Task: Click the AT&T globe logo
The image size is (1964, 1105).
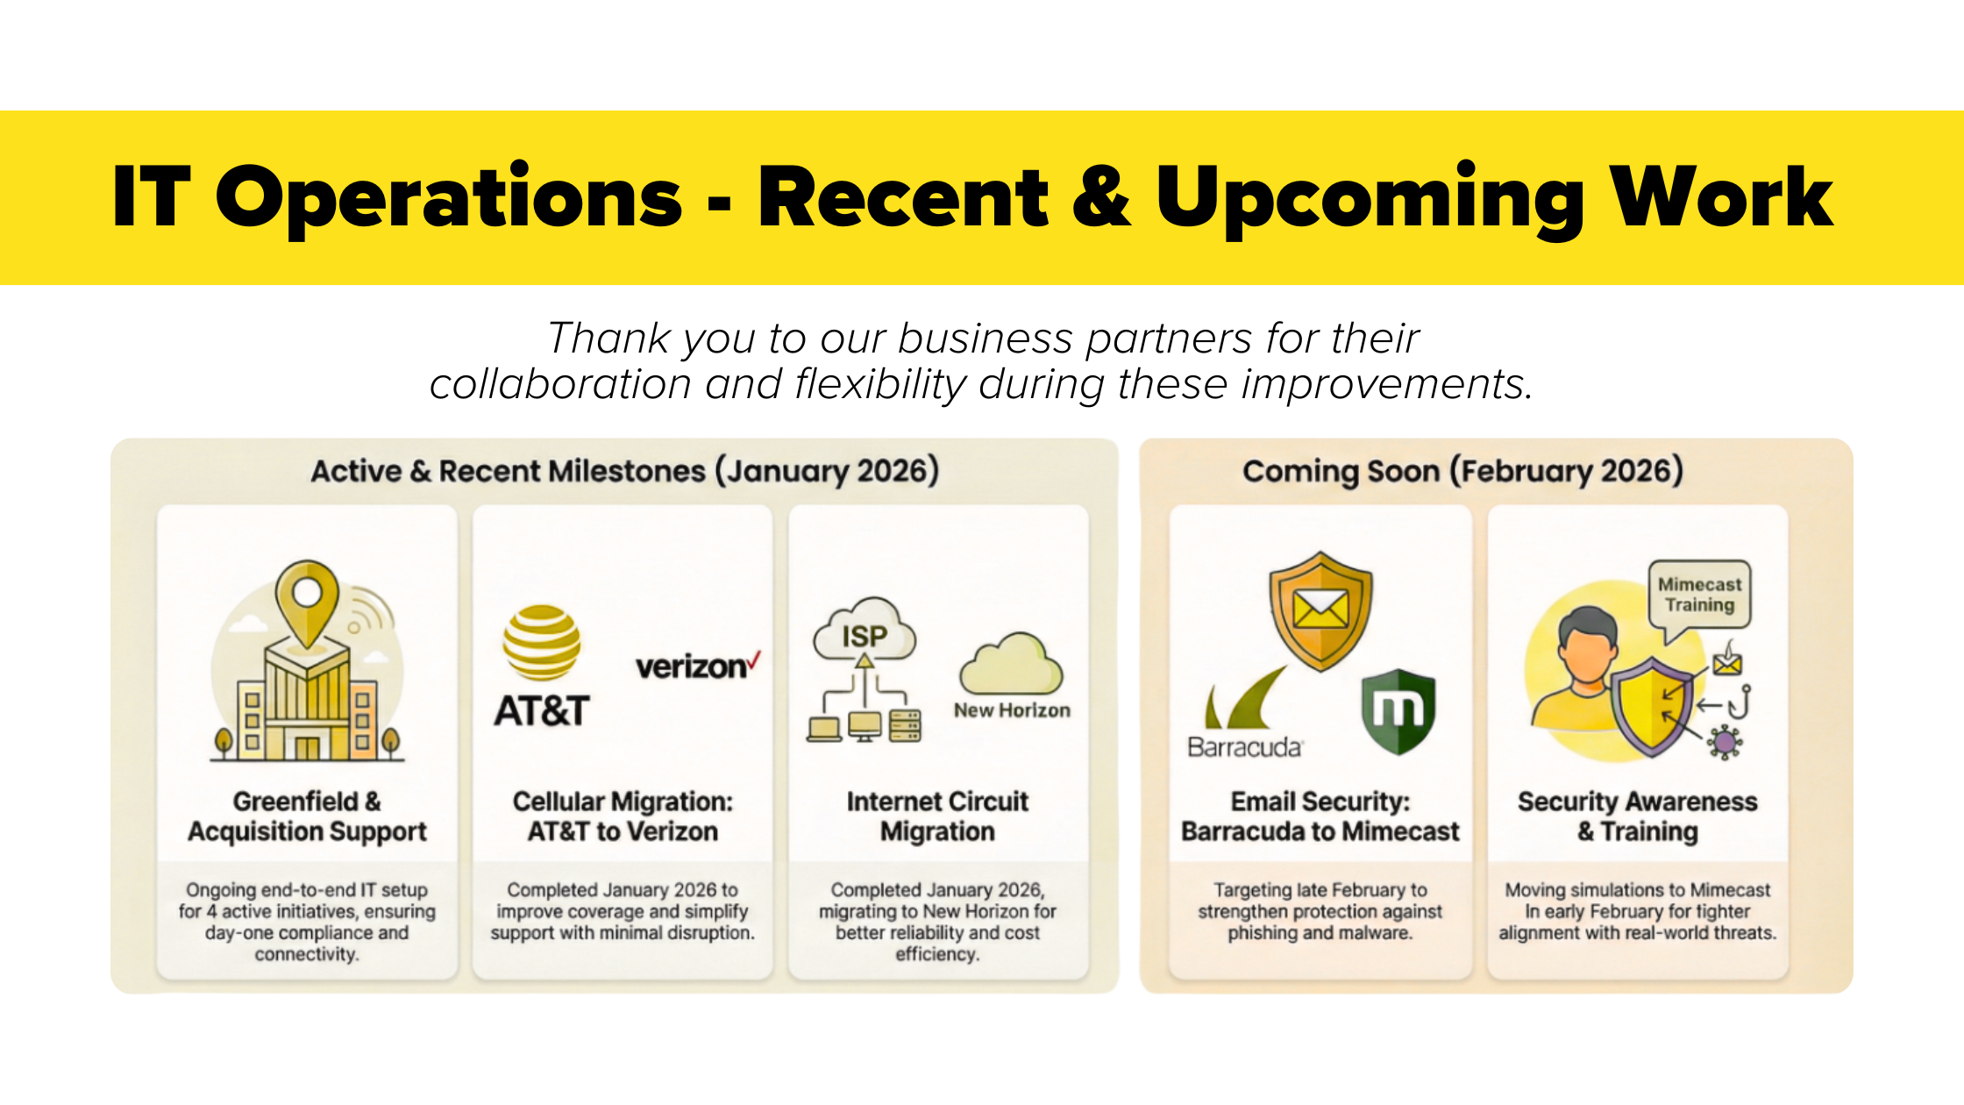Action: [x=541, y=643]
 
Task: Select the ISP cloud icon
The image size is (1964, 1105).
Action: [x=865, y=630]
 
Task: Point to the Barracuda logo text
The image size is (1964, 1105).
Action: [x=1245, y=747]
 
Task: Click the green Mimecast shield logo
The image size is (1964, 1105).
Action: [x=1398, y=711]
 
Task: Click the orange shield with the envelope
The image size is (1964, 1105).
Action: [x=1321, y=610]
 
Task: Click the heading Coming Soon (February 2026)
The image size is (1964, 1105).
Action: [x=1462, y=471]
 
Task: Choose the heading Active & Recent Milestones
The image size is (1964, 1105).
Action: [x=509, y=471]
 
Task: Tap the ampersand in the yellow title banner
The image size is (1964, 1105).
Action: [x=1101, y=197]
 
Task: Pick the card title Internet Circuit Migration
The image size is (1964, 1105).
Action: [x=937, y=816]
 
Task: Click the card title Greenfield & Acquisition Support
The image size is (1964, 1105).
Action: [x=307, y=816]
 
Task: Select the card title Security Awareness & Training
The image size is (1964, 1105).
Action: [x=1638, y=816]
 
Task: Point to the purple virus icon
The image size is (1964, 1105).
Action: [x=1725, y=742]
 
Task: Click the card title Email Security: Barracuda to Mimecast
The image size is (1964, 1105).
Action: [x=1320, y=816]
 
